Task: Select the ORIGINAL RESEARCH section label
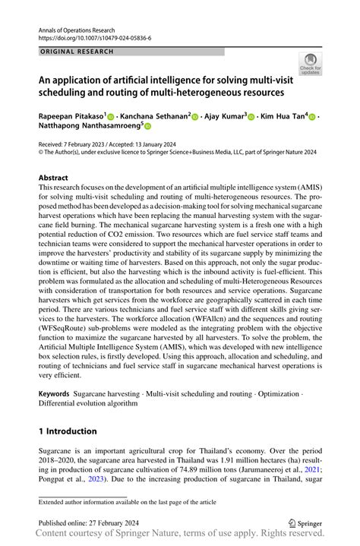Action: coord(77,52)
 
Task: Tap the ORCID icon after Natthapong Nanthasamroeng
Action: coord(148,128)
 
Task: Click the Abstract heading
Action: coord(53,178)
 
